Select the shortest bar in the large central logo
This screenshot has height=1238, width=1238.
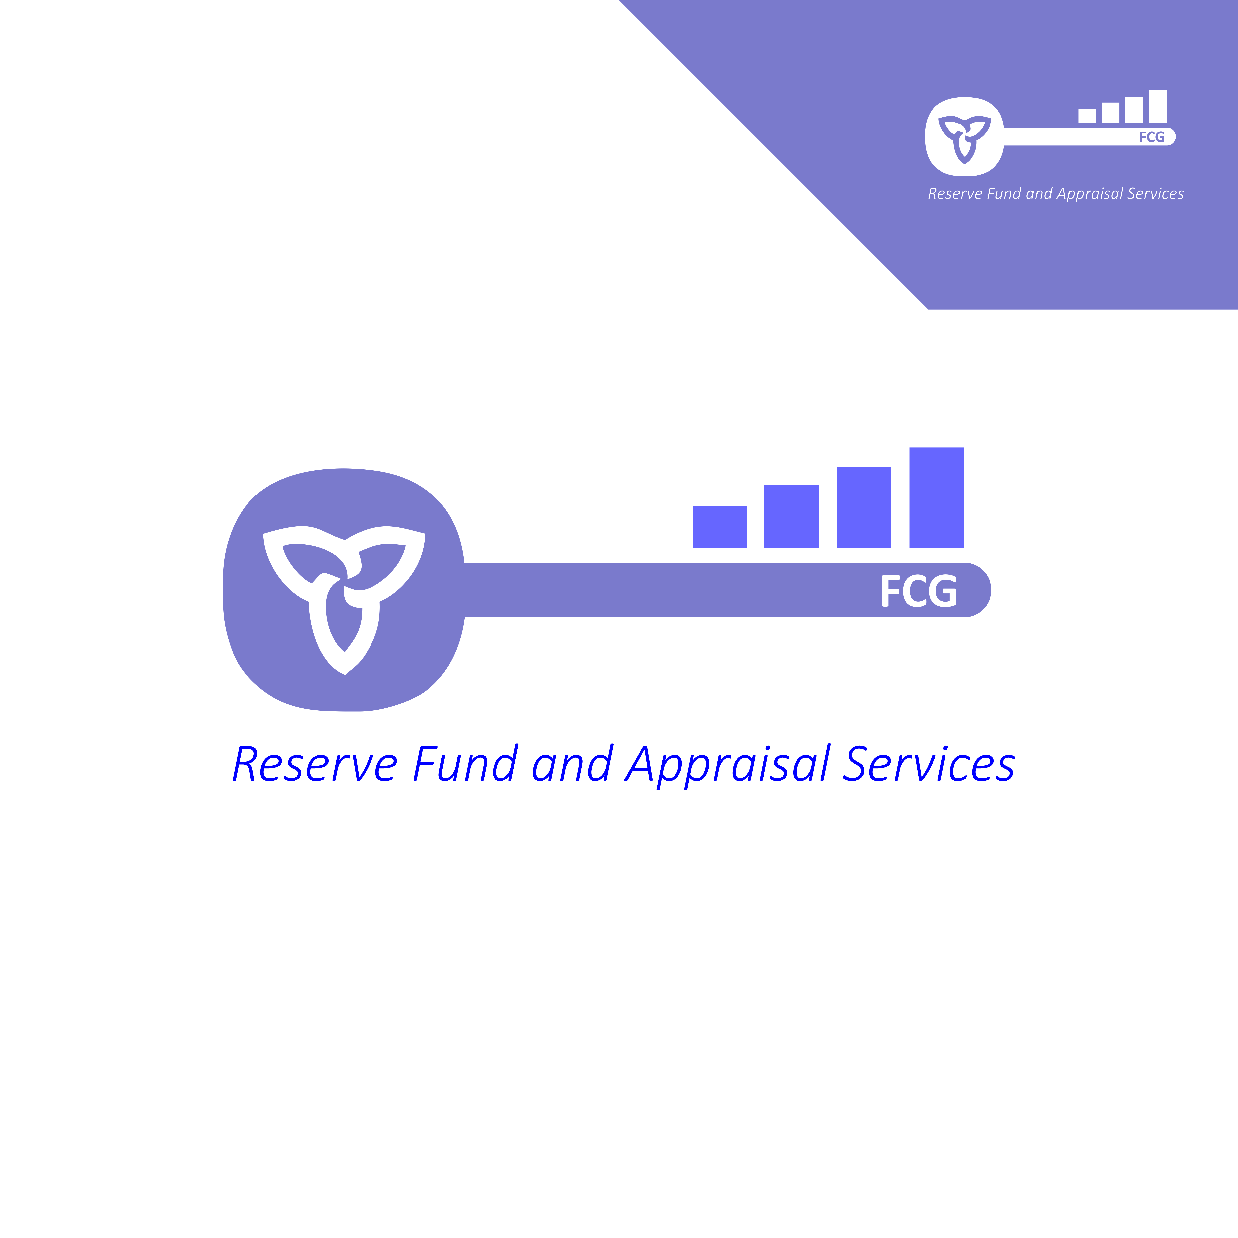pyautogui.click(x=720, y=527)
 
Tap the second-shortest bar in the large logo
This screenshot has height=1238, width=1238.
pyautogui.click(x=791, y=516)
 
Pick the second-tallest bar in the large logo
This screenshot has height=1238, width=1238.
pyautogui.click(x=864, y=507)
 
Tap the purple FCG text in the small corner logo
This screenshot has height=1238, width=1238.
pyautogui.click(x=1151, y=137)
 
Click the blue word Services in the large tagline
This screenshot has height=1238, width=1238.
pyautogui.click(x=929, y=763)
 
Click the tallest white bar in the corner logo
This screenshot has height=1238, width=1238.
pyautogui.click(x=1158, y=106)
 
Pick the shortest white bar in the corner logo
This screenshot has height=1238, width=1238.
pyautogui.click(x=1087, y=116)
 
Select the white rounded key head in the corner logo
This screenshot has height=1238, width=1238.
pyautogui.click(x=964, y=136)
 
